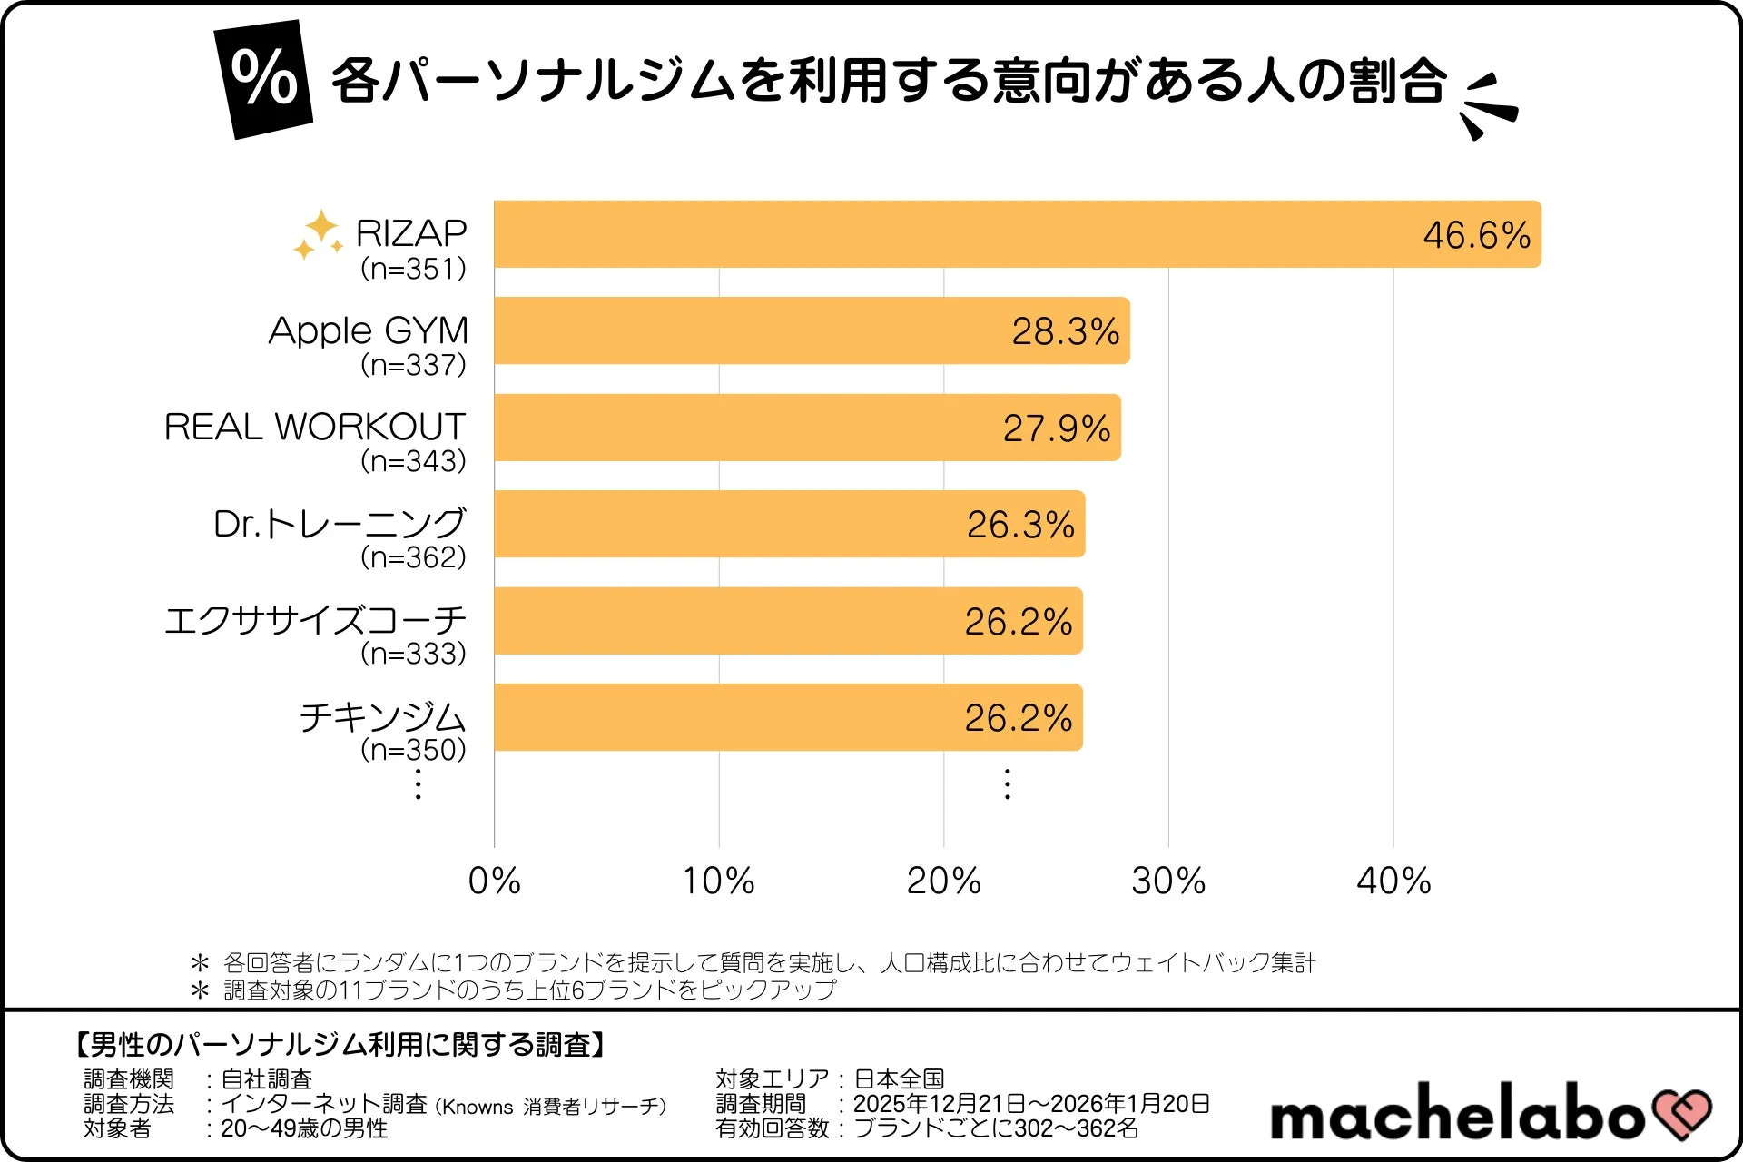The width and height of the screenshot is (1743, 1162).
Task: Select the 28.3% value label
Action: (1065, 331)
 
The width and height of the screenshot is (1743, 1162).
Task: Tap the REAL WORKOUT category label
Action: (314, 427)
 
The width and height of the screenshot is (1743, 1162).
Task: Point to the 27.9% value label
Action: (1056, 428)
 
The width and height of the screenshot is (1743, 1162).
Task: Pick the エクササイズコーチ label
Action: (314, 621)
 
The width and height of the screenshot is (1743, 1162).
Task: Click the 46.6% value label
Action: (1476, 235)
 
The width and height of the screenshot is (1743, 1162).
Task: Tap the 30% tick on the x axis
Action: (1168, 881)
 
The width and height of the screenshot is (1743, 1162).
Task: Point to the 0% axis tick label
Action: (494, 881)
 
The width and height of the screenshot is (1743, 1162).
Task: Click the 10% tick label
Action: (718, 881)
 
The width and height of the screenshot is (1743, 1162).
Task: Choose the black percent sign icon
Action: (263, 79)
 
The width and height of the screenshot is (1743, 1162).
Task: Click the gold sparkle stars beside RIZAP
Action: (318, 234)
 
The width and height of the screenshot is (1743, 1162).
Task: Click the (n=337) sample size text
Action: (413, 365)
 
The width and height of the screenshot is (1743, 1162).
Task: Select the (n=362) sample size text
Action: (413, 557)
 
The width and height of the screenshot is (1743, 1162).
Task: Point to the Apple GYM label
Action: (369, 330)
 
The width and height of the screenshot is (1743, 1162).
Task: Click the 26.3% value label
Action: (1019, 525)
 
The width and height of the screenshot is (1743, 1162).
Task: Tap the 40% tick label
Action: (1393, 881)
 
